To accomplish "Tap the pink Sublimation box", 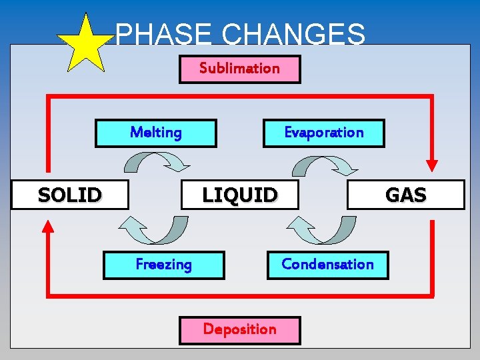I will pos(239,69).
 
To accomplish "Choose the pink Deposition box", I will pos(239,329).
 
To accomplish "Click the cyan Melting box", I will pos(156,133).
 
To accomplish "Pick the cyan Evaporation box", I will pos(324,133).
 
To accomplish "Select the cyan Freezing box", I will pos(163,265).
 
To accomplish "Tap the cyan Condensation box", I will pos(327,264).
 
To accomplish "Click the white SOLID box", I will pos(69,195).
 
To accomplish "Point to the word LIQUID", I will pos(239,195).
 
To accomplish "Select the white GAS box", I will pos(405,195).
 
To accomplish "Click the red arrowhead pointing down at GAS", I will pos(432,165).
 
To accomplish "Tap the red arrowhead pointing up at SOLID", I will pos(47,226).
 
